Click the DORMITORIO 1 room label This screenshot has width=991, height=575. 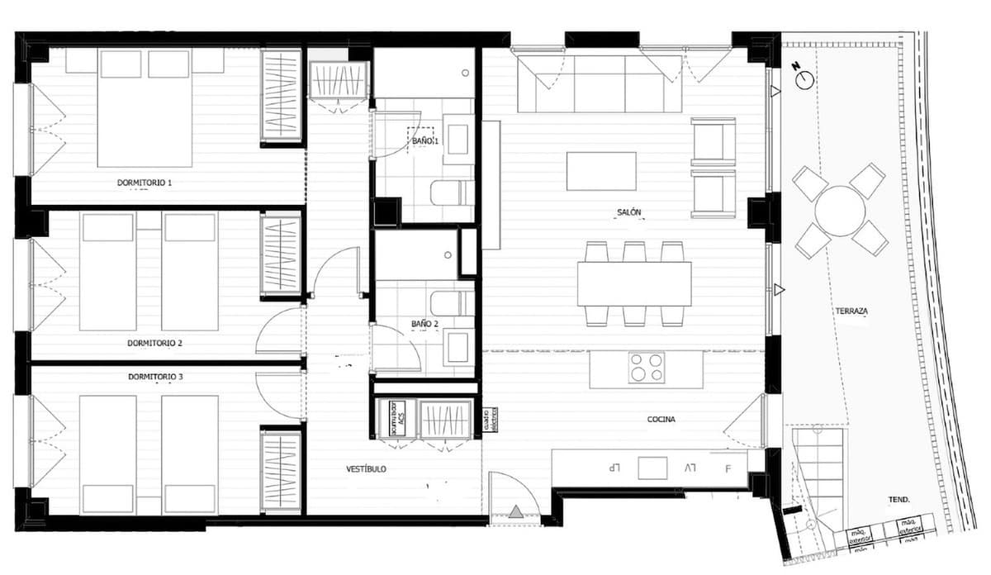click(145, 182)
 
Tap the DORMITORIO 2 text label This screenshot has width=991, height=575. click(155, 342)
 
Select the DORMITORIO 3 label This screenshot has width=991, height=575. click(155, 377)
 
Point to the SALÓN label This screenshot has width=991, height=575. click(629, 213)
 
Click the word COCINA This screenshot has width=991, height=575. click(661, 420)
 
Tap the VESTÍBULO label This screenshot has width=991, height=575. click(366, 469)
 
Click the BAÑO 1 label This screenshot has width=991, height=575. click(426, 141)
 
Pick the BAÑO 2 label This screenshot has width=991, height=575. click(425, 324)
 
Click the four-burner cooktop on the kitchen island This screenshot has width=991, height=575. click(646, 368)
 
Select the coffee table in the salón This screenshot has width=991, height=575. click(601, 171)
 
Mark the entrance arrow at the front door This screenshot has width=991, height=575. click(516, 512)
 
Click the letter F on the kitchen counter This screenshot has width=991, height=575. click(728, 468)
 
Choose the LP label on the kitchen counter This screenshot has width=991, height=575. click(614, 468)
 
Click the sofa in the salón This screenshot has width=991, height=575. click(600, 83)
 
